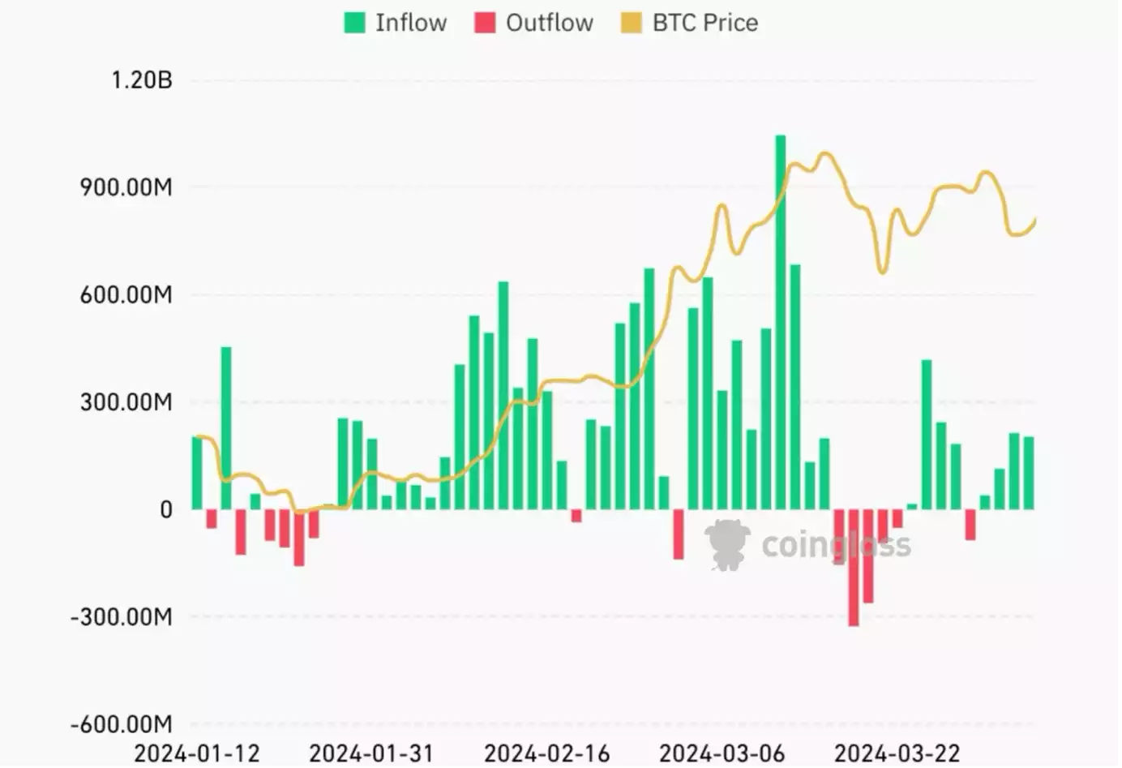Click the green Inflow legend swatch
[x=354, y=23]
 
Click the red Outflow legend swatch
[x=485, y=23]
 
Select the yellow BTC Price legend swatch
[x=631, y=23]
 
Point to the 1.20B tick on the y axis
[x=142, y=80]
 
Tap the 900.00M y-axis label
[x=126, y=187]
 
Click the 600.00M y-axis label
[x=126, y=294]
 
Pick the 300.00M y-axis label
[x=126, y=402]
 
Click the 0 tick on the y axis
[x=165, y=510]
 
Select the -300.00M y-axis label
[x=122, y=617]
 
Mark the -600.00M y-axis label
[x=122, y=724]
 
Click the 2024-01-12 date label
[x=197, y=753]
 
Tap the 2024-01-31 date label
[x=371, y=753]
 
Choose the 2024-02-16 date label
[x=546, y=753]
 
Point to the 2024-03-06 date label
[x=722, y=753]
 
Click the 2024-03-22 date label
[x=897, y=753]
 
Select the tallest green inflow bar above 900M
[x=781, y=324]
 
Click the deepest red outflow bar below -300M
[x=854, y=568]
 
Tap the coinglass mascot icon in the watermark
[x=726, y=544]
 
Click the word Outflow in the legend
[x=549, y=23]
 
